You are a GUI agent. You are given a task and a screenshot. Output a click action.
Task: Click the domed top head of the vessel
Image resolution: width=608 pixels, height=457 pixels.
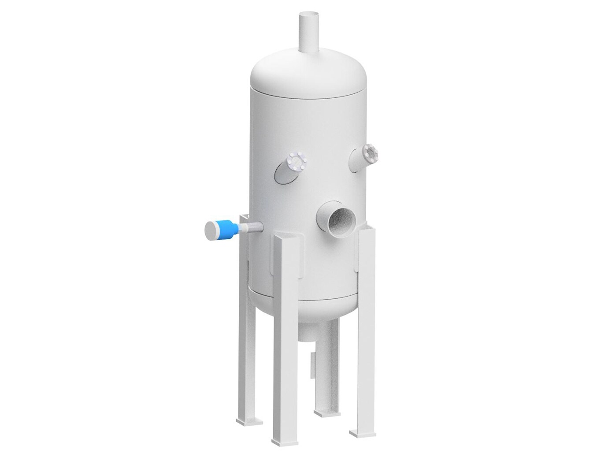pyautogui.click(x=308, y=71)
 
